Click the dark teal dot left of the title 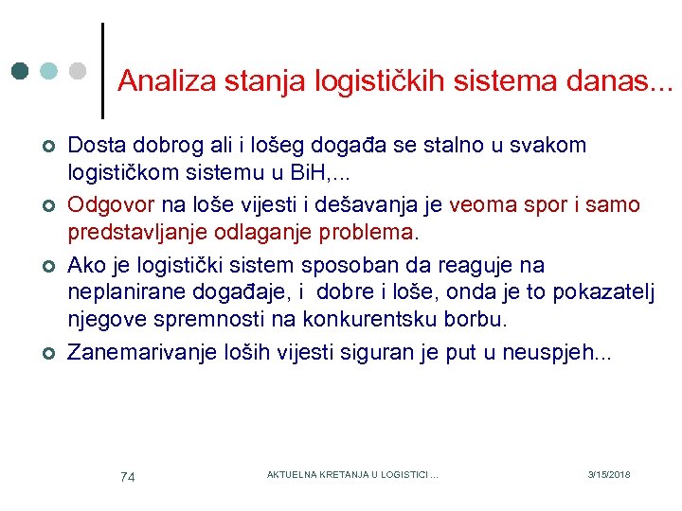(x=20, y=71)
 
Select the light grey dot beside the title (x=79, y=71)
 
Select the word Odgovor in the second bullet (x=109, y=205)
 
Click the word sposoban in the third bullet (x=363, y=264)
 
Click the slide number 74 (x=128, y=477)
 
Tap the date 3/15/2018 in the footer (x=608, y=474)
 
